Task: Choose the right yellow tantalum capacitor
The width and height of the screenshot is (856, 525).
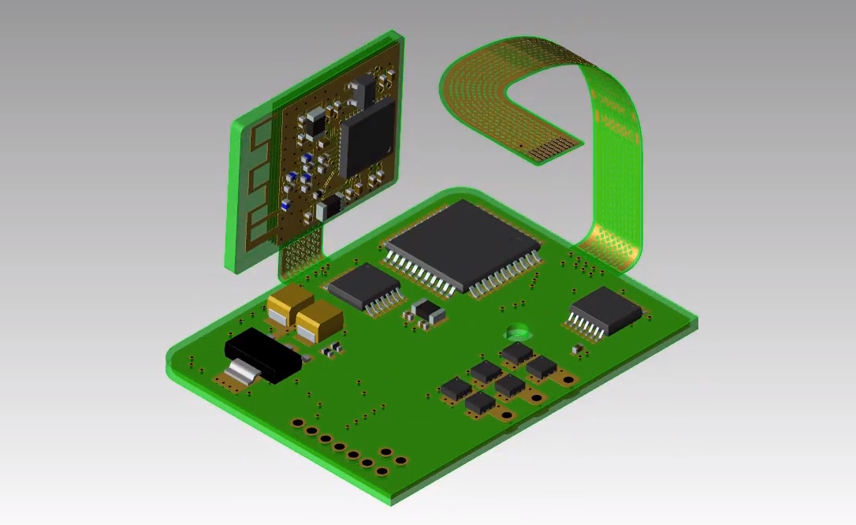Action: click(x=319, y=321)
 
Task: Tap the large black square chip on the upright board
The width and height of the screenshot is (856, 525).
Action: click(x=367, y=136)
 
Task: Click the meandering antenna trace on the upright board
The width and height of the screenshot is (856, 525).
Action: click(x=256, y=189)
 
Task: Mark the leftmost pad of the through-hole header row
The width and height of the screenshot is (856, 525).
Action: click(x=298, y=423)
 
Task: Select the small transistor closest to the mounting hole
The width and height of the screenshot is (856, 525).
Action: click(x=517, y=353)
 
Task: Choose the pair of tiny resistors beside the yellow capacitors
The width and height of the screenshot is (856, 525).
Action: click(x=333, y=348)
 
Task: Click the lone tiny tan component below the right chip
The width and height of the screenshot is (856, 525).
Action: click(x=577, y=348)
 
